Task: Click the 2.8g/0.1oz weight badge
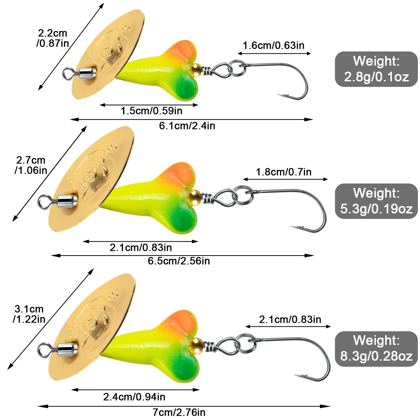pyautogui.click(x=376, y=69)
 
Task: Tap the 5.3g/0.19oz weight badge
pyautogui.click(x=376, y=201)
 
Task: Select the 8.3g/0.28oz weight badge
pyautogui.click(x=376, y=349)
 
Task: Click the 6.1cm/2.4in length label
pyautogui.click(x=187, y=126)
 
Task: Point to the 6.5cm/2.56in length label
pyautogui.click(x=179, y=261)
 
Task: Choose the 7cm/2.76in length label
pyautogui.click(x=179, y=412)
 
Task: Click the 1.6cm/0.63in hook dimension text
pyautogui.click(x=274, y=45)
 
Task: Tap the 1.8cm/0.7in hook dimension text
pyautogui.click(x=283, y=172)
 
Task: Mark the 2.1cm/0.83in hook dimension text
pyautogui.click(x=290, y=319)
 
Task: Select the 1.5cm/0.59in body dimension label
pyautogui.click(x=151, y=111)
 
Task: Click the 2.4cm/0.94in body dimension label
pyautogui.click(x=134, y=397)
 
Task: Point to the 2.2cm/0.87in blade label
pyautogui.click(x=52, y=38)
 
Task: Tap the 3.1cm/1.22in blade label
pyautogui.click(x=29, y=314)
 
